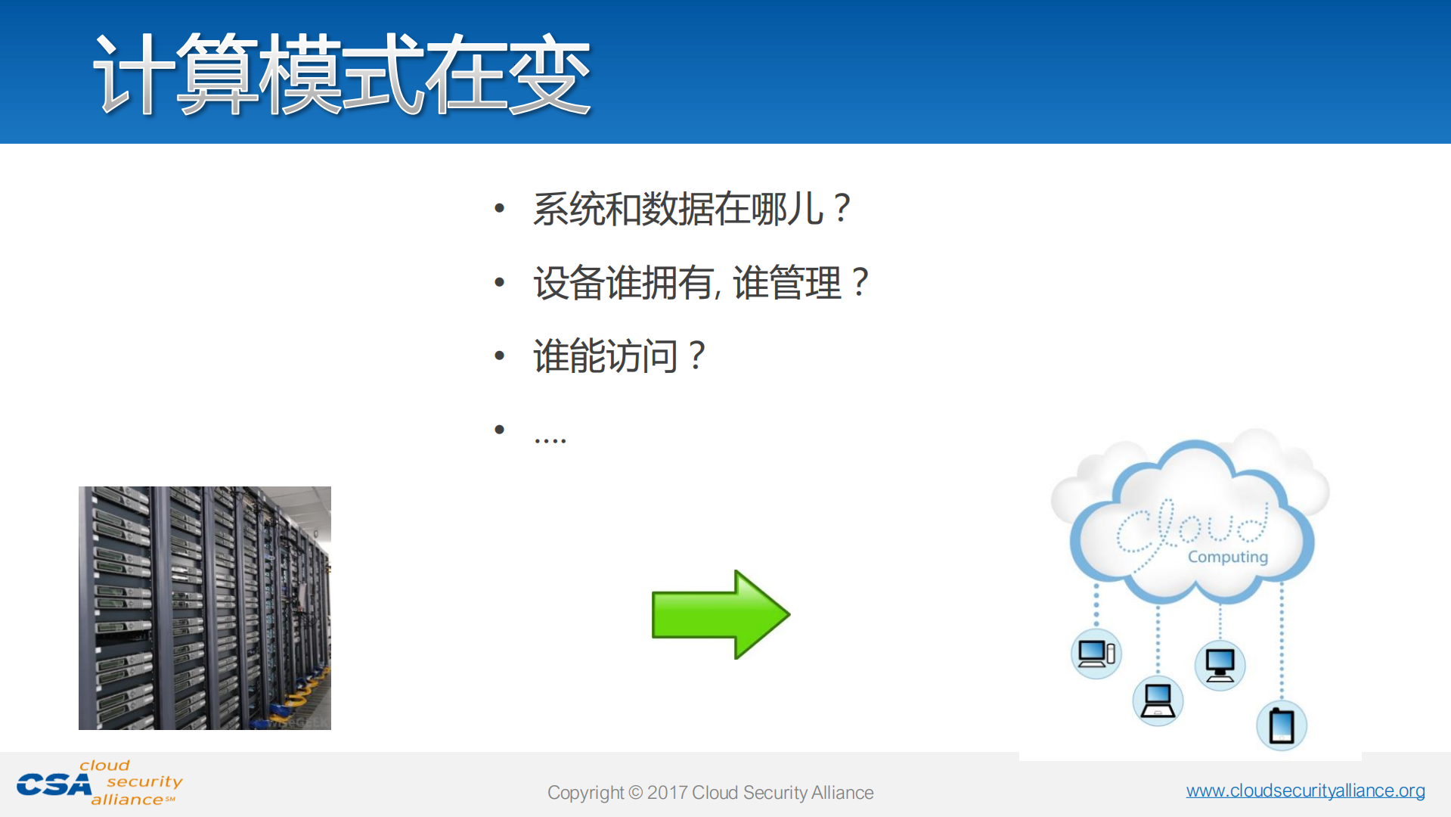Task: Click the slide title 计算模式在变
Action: click(x=342, y=74)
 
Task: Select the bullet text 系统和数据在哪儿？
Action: click(x=692, y=209)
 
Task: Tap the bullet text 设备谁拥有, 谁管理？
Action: click(x=701, y=283)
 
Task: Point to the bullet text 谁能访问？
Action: click(x=619, y=356)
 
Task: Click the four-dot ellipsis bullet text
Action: click(x=550, y=438)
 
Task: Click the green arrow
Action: click(x=720, y=614)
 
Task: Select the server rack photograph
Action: click(x=205, y=607)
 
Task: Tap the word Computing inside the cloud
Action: click(x=1227, y=557)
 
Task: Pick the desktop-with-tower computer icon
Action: click(x=1096, y=653)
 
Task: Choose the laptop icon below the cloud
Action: click(x=1158, y=701)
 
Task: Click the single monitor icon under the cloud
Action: click(x=1220, y=665)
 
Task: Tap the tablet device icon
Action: click(x=1282, y=725)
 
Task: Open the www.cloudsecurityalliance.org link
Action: click(x=1305, y=791)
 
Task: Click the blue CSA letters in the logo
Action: click(x=54, y=785)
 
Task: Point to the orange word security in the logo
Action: click(x=144, y=781)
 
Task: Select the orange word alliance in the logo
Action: click(x=127, y=800)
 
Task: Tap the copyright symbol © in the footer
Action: click(x=635, y=793)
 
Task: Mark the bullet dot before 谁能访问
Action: click(x=499, y=356)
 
